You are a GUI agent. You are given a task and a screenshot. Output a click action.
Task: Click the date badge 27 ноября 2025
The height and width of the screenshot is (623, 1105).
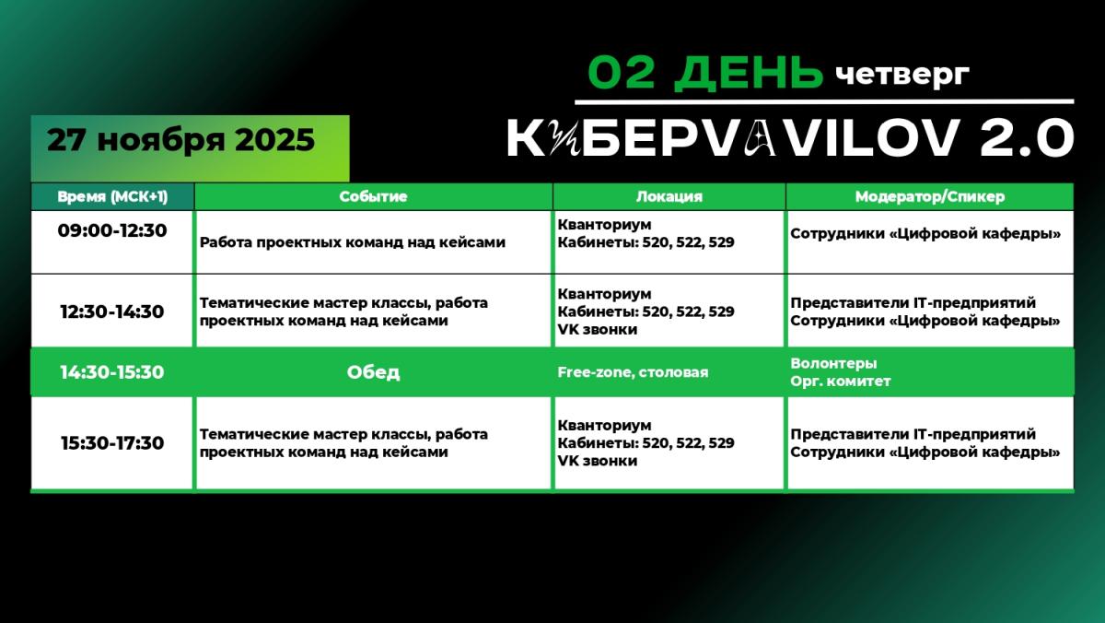point(181,140)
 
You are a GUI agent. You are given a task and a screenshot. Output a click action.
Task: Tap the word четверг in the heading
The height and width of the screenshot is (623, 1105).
point(902,73)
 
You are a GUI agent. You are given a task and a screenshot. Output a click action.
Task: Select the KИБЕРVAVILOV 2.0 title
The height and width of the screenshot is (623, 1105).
point(790,140)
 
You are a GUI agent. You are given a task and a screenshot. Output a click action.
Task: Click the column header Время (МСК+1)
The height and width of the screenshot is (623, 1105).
point(112,196)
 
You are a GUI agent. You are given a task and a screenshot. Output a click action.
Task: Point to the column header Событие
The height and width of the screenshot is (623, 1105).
point(373,196)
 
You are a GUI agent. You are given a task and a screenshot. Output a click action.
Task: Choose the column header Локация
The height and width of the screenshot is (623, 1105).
point(669,196)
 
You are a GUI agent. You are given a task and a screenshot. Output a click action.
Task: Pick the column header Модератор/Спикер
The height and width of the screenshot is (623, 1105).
point(929,196)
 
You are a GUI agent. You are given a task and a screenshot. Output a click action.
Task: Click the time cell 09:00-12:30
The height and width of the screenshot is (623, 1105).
point(112,230)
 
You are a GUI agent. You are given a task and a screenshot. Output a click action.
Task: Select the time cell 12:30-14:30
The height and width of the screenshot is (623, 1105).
point(112,311)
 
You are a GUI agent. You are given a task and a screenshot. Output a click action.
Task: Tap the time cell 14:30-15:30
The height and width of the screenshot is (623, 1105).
point(112,372)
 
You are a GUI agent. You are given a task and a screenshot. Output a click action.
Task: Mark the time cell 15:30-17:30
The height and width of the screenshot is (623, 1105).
point(112,443)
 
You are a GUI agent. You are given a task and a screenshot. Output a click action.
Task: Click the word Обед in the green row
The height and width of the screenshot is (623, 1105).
point(373,372)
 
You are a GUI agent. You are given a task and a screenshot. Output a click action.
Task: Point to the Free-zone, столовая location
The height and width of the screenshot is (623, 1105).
point(633,372)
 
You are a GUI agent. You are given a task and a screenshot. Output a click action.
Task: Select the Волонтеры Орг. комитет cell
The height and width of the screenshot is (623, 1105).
point(841,372)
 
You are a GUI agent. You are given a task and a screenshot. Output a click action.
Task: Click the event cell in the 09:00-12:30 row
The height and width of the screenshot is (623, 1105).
point(353,242)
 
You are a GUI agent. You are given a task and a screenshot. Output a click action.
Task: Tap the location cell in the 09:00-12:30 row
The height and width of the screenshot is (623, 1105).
point(646,233)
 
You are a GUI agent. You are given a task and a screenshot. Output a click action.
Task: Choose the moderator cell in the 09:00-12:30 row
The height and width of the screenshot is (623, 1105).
point(925,234)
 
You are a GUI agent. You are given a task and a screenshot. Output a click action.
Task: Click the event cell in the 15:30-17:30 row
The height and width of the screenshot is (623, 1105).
point(343,443)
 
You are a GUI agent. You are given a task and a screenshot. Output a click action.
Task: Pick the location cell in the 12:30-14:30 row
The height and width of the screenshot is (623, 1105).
point(646,311)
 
